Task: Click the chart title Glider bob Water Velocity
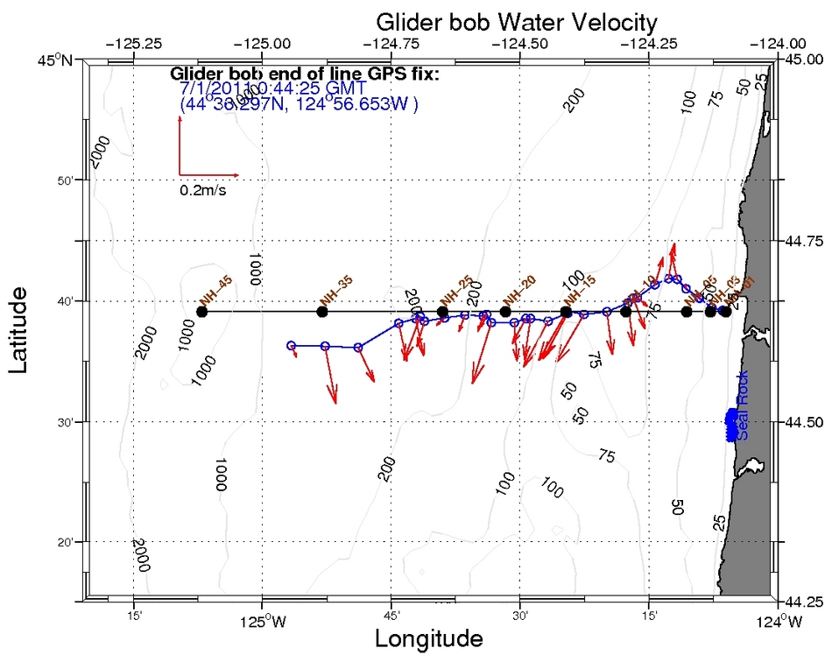pos(516,20)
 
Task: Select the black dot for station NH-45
pos(202,312)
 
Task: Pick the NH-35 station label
pos(336,290)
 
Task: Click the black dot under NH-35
pos(321,312)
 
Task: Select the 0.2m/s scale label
pos(202,190)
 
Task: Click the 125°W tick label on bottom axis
pos(260,623)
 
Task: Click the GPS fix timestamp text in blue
pos(272,88)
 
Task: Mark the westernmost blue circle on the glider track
pos(292,345)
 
